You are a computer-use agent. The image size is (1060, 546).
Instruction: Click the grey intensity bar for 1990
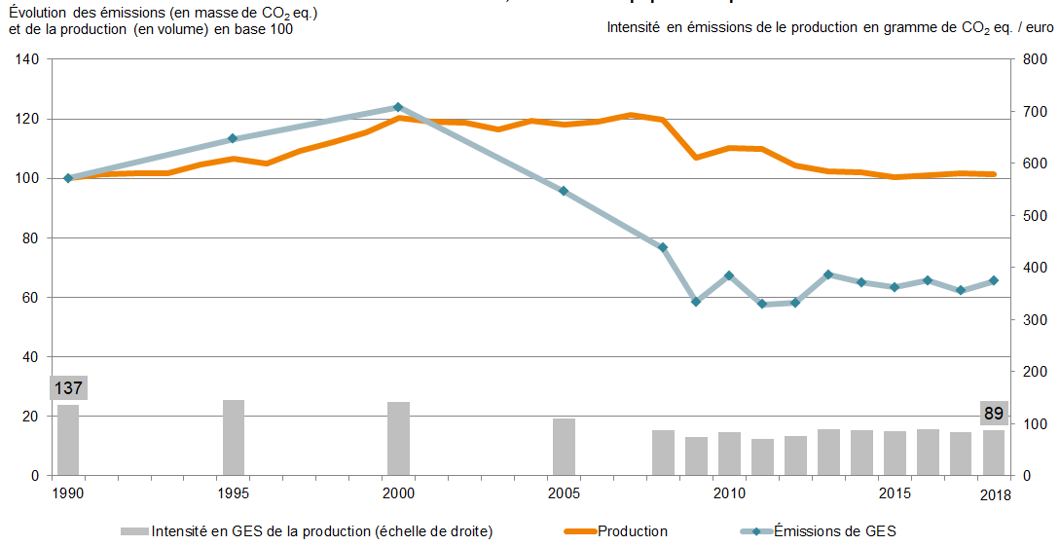[x=68, y=440]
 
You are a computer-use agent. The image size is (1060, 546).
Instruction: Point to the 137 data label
[x=68, y=388]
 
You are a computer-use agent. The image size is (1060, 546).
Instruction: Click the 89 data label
[x=994, y=414]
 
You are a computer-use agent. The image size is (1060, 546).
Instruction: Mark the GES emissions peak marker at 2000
[x=398, y=107]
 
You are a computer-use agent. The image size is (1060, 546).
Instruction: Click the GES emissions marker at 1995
[x=233, y=138]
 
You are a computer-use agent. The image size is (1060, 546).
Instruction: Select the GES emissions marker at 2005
[x=564, y=191]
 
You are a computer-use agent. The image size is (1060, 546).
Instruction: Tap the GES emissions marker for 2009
[x=696, y=302]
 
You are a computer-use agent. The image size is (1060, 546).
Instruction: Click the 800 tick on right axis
[x=1035, y=59]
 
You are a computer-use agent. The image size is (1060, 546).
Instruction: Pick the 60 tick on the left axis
[x=30, y=297]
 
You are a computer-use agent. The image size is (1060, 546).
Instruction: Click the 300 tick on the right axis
[x=1035, y=319]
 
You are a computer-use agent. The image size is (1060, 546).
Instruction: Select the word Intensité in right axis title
[x=633, y=28]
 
